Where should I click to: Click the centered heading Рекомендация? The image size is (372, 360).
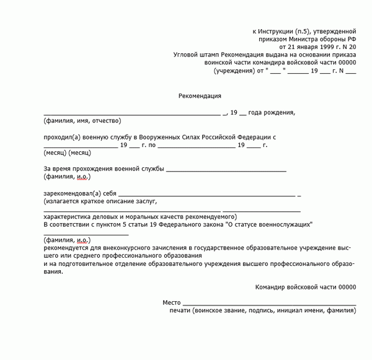point(200,96)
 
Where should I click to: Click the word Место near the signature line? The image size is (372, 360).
point(172,302)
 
